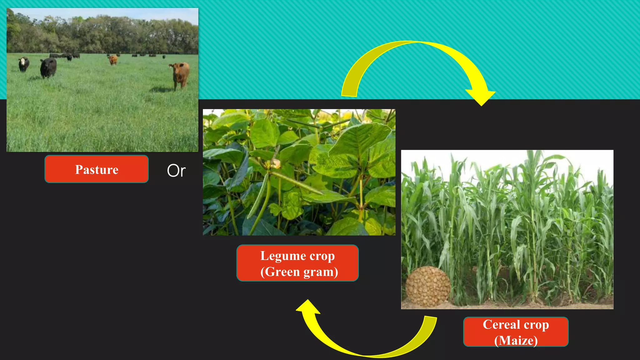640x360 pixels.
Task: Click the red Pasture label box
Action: (96, 169)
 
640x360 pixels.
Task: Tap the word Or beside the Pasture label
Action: (176, 171)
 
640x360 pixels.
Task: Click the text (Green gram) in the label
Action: (299, 272)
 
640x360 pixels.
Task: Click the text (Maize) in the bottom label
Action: (516, 340)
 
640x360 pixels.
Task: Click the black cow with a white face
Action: (24, 64)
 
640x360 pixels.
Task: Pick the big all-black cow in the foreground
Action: (48, 67)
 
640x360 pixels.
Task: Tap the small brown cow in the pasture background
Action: (113, 59)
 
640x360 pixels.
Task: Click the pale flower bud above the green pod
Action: (275, 163)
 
